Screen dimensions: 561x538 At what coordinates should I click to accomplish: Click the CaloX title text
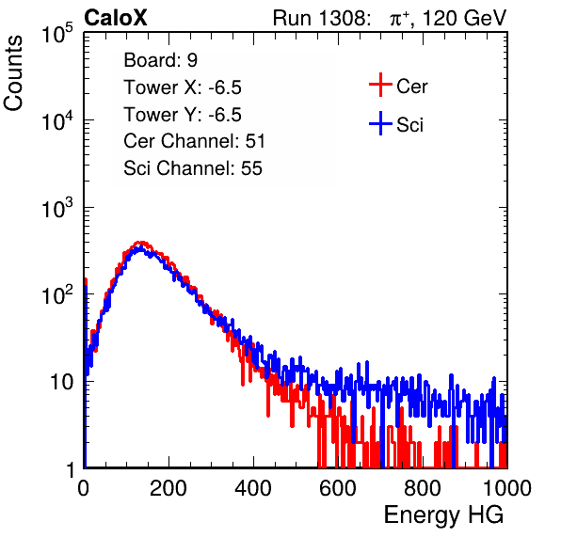[116, 18]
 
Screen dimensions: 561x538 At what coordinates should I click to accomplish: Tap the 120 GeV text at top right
[465, 18]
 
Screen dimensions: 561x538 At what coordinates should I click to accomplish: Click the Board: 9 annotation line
[161, 60]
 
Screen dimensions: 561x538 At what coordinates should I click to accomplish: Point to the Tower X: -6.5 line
[183, 87]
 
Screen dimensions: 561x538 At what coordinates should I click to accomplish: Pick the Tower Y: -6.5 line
[183, 115]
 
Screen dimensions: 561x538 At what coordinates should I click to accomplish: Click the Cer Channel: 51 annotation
[194, 141]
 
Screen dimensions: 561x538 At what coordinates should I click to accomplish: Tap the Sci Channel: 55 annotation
[193, 168]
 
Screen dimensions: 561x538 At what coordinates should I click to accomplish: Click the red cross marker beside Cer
[380, 85]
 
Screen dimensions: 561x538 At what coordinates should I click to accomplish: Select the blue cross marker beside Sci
[380, 124]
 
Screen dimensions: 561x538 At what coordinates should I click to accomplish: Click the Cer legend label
[411, 87]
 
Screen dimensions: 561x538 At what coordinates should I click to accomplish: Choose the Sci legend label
[409, 125]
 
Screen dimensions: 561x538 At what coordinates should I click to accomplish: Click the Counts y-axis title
[13, 73]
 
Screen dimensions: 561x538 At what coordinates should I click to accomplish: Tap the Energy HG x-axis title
[443, 515]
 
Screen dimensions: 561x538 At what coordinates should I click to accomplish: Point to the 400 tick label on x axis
[253, 488]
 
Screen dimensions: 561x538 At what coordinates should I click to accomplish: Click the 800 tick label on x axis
[423, 488]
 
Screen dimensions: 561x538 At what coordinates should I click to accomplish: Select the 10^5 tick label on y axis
[57, 34]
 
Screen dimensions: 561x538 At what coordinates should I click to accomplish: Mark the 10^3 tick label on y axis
[57, 209]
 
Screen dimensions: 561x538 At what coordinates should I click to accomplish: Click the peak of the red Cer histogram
[142, 243]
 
